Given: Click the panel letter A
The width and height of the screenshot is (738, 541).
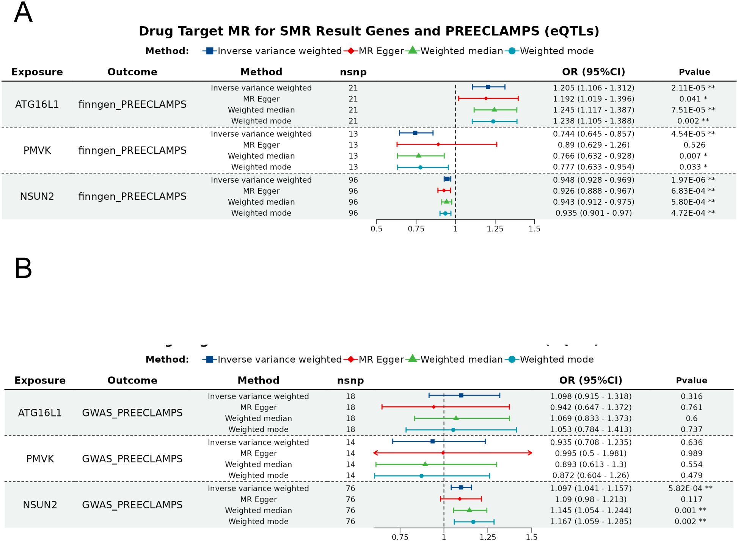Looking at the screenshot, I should (x=23, y=13).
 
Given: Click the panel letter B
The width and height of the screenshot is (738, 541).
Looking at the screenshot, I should (x=23, y=268).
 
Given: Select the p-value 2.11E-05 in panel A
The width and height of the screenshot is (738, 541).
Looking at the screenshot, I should (x=692, y=88).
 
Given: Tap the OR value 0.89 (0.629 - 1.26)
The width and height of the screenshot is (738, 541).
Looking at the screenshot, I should (x=593, y=145).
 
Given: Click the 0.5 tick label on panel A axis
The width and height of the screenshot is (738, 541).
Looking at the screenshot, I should (x=376, y=229).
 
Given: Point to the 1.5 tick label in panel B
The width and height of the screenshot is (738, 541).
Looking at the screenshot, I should (x=531, y=537).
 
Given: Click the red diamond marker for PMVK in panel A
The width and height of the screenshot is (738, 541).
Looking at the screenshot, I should (x=438, y=144).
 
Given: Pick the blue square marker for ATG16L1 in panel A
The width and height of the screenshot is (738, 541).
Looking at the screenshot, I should (x=488, y=87).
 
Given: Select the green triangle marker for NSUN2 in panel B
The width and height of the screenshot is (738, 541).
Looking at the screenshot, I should (x=469, y=510).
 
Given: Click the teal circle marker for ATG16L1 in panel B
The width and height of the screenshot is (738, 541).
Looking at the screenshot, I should (x=453, y=430).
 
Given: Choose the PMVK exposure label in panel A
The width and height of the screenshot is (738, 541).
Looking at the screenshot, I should (x=37, y=150).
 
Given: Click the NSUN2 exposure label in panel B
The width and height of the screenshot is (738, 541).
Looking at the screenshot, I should (x=40, y=505).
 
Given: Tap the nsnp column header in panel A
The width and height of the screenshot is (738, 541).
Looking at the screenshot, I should (x=353, y=72).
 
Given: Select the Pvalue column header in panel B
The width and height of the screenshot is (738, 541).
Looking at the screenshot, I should (x=691, y=380).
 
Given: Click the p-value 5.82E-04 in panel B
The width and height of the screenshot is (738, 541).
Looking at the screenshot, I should (x=690, y=488).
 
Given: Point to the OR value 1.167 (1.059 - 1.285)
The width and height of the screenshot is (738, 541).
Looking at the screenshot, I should (x=590, y=521).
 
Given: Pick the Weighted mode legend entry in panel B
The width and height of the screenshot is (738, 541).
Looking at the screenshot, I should (x=556, y=359).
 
